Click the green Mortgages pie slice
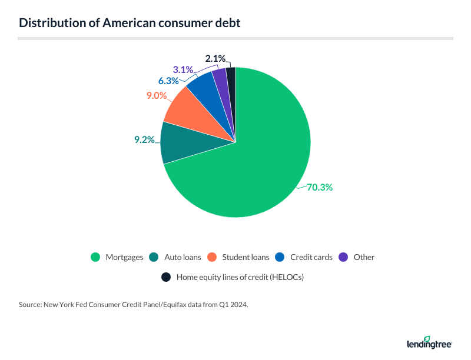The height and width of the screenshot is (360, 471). point(253,165)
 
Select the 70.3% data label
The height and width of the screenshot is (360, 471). point(320,188)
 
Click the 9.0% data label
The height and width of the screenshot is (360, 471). point(156,95)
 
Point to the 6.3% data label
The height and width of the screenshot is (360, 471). point(168,81)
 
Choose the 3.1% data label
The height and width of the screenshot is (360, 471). point(184,70)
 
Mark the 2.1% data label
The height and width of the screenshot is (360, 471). point(215,58)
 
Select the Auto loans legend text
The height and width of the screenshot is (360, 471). point(183,257)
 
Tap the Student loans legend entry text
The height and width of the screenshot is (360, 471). point(247,257)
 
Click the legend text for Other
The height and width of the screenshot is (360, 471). point(364,257)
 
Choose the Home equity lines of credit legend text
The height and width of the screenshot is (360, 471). point(241,276)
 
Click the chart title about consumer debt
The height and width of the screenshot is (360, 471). point(129,24)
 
